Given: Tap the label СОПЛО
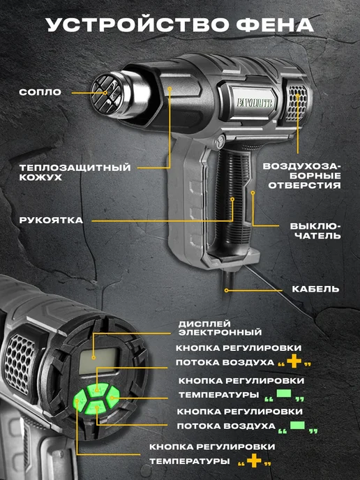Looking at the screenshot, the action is point(40,92).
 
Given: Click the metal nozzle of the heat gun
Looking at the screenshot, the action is point(119,94).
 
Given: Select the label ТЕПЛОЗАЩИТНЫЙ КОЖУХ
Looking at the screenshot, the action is point(75,172).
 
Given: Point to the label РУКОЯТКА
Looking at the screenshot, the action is point(51,220).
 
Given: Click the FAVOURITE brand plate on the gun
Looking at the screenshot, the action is point(255,103).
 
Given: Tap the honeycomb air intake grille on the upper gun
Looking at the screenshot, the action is point(297,103).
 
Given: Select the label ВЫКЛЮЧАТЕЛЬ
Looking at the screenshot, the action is point(315,231).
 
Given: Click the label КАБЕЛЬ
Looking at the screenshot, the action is point(315,290).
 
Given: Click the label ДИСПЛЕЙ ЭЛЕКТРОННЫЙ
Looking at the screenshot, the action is point(220,328).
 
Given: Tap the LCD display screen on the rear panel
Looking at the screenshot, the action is point(98,361).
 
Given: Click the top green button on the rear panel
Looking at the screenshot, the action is point(98,389).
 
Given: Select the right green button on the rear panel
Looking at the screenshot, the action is point(113,397).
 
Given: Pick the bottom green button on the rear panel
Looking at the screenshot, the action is point(96,407).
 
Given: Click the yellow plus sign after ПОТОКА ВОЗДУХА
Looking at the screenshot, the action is point(294,361).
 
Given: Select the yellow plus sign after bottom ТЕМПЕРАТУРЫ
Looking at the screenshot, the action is point(254,460).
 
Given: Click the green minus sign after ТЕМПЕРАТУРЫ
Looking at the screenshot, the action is point(284,393).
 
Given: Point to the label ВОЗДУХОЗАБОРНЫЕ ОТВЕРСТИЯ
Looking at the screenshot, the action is point(302,176).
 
